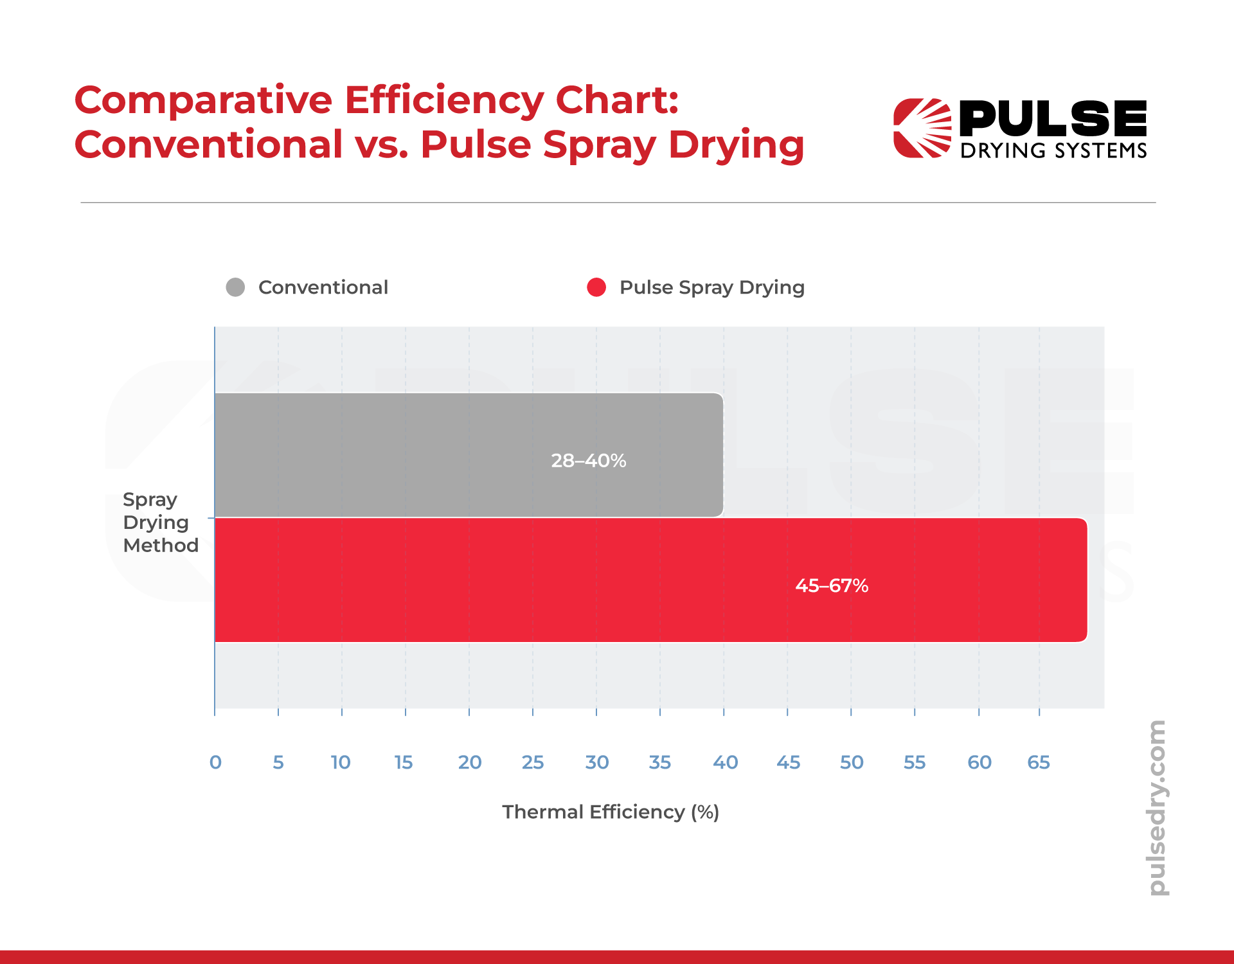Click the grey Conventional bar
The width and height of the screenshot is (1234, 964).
click(x=386, y=455)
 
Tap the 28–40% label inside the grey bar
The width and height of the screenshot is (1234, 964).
click(x=588, y=461)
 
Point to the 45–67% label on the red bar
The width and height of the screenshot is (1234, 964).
click(x=832, y=585)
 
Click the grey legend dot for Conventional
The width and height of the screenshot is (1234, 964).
click(x=235, y=287)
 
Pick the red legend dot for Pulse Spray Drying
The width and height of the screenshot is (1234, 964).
click(x=596, y=287)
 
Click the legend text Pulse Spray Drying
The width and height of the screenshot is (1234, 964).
click(x=711, y=287)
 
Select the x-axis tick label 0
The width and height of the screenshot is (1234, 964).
click(x=215, y=762)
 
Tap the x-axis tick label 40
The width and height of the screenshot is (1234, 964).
click(x=725, y=762)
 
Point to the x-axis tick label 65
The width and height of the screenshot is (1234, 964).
click(x=1038, y=762)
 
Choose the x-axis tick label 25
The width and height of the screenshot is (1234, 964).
click(x=532, y=762)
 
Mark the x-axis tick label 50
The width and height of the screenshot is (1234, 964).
click(x=852, y=762)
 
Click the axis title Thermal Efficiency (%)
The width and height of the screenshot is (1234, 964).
click(x=610, y=812)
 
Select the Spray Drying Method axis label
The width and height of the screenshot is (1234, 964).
click(x=160, y=522)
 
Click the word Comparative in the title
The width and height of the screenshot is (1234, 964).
click(x=203, y=101)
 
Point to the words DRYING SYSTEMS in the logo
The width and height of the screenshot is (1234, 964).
click(x=1053, y=150)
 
